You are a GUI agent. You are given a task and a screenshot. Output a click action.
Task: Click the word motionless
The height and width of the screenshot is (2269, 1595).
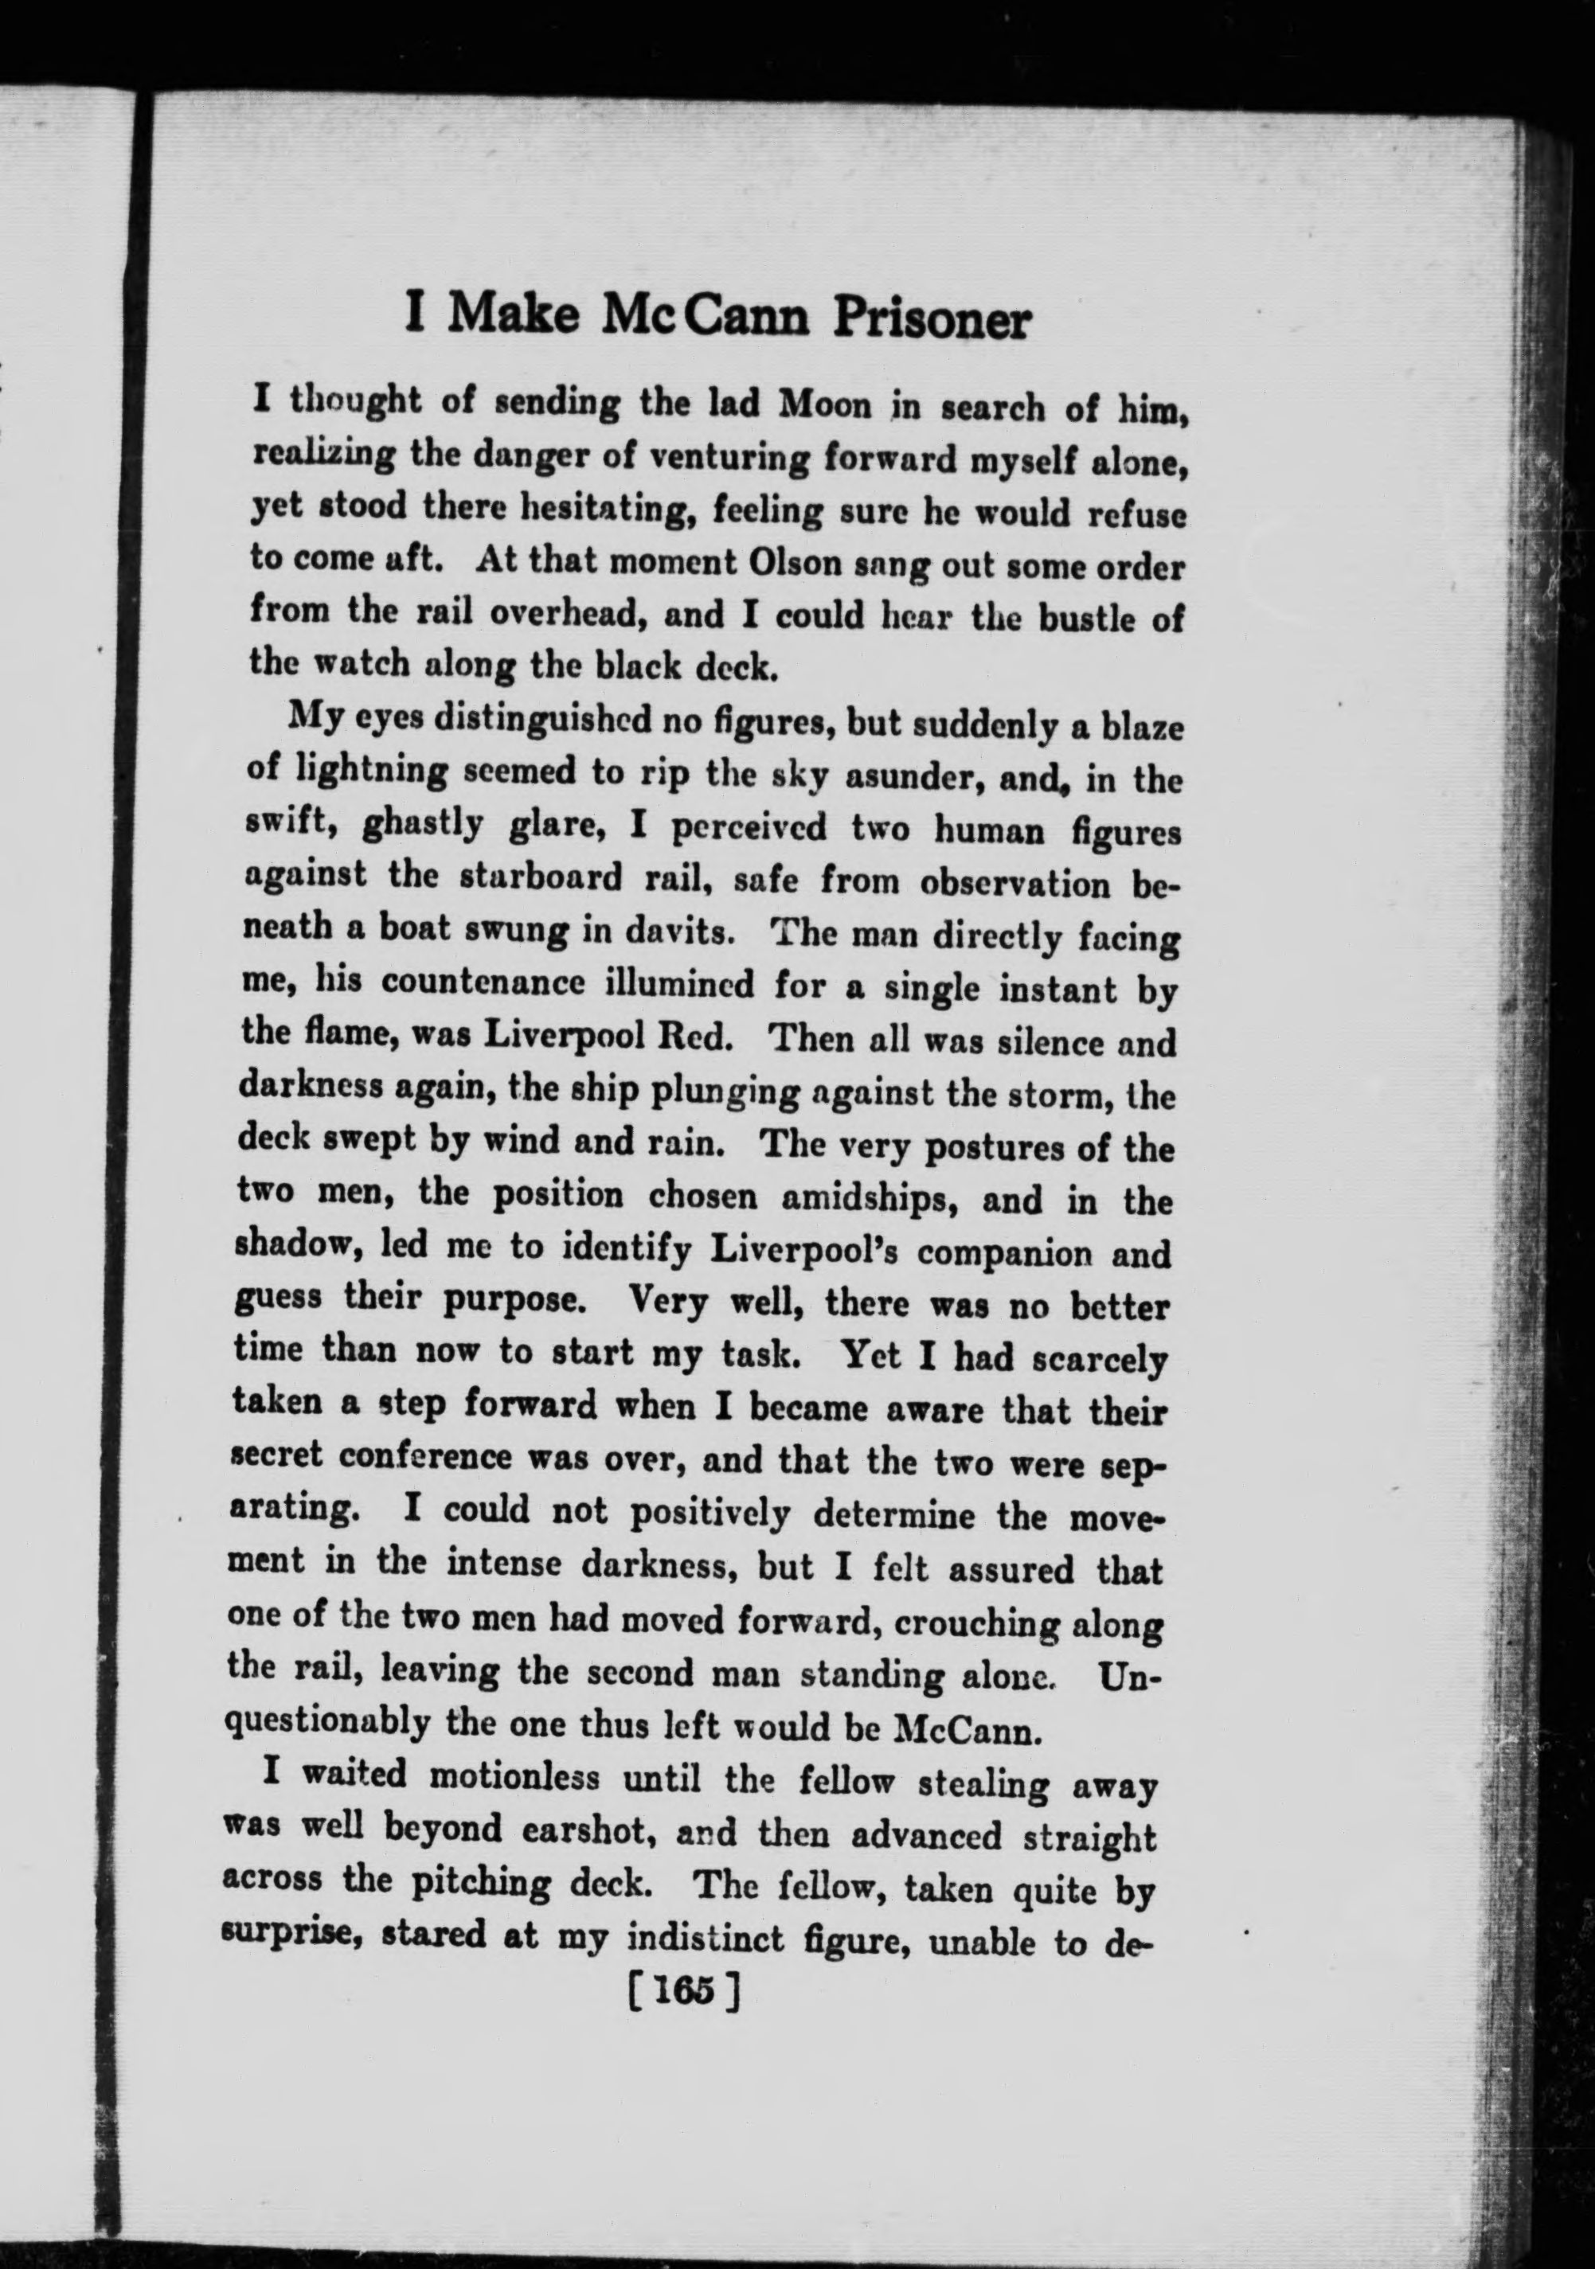[x=514, y=1779]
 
